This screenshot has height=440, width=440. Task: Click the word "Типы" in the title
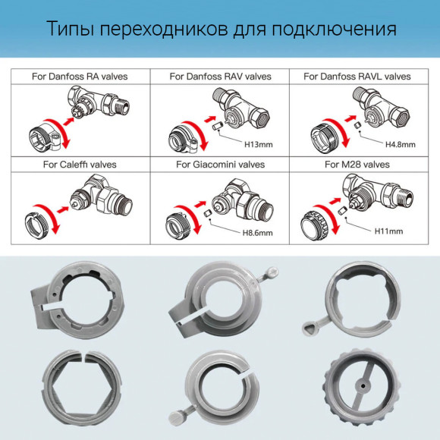(x=71, y=29)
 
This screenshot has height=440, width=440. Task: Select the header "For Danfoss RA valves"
(x=80, y=77)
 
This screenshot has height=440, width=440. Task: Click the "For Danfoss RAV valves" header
(x=220, y=77)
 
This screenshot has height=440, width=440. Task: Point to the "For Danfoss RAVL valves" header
(x=357, y=77)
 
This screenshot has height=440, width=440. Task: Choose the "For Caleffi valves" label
(x=80, y=164)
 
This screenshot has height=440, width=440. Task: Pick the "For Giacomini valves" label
(x=220, y=164)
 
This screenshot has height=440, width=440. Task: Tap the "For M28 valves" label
(x=357, y=164)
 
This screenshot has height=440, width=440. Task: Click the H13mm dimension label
(x=259, y=144)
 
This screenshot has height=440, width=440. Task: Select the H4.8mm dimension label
(x=400, y=144)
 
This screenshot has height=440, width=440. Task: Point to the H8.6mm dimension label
(x=258, y=233)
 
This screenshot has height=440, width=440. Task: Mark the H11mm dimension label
(x=388, y=231)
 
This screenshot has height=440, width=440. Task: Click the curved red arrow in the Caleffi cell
(x=53, y=215)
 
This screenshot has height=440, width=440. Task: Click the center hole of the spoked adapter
(x=363, y=386)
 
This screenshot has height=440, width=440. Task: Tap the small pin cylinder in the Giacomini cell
(x=207, y=213)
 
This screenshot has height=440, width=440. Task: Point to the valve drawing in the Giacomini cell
(x=242, y=200)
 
